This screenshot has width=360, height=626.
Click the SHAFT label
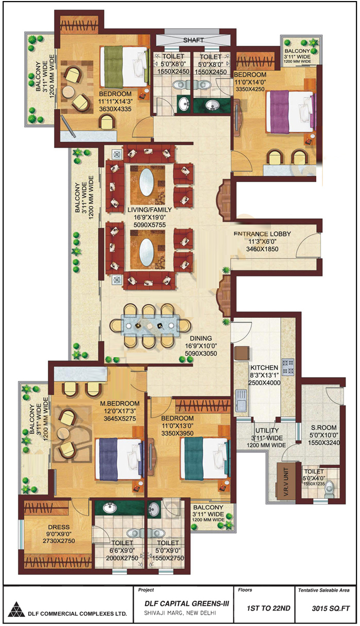pyautogui.click(x=193, y=40)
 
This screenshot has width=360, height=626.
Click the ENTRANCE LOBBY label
pyautogui.click(x=262, y=234)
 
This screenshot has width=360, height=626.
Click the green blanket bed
pyautogui.click(x=124, y=67)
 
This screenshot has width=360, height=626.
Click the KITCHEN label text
pyautogui.click(x=264, y=367)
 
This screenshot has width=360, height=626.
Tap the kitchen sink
pyautogui.click(x=241, y=401)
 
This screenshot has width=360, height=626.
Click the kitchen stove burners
pyautogui.click(x=288, y=367)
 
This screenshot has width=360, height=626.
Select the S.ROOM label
pyautogui.click(x=323, y=428)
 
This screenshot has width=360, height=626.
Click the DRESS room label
pyautogui.click(x=59, y=527)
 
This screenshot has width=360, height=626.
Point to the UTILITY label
pyautogui.click(x=267, y=430)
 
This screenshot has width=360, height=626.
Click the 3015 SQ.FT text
pyautogui.click(x=331, y=609)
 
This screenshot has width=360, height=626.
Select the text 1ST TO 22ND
pyautogui.click(x=268, y=609)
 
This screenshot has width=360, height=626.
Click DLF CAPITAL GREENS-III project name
pyautogui.click(x=187, y=603)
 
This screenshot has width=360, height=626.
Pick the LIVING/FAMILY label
pyautogui.click(x=150, y=210)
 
